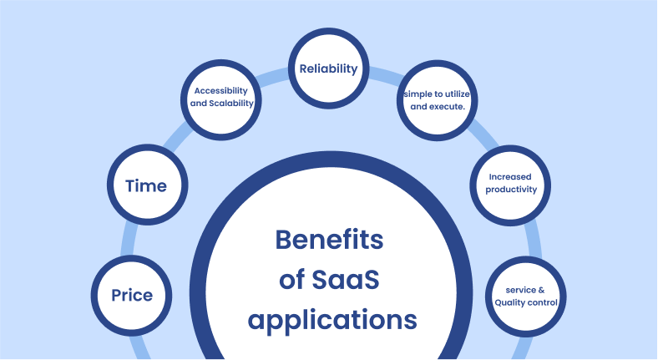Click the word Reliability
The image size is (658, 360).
tap(328, 68)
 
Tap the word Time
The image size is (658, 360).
tap(146, 186)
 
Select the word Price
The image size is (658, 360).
tap(132, 296)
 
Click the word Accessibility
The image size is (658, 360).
tap(220, 91)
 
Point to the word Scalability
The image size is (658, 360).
tap(231, 104)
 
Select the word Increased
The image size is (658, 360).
tap(510, 177)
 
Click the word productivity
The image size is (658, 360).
tap(511, 190)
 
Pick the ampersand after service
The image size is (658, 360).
tap(541, 291)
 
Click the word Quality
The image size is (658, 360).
tap(508, 303)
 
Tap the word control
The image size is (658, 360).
tap(540, 302)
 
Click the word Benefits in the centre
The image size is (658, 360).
tap(330, 240)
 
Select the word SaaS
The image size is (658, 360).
tap(346, 280)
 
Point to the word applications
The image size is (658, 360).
tap(332, 321)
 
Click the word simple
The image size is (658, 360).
tap(418, 94)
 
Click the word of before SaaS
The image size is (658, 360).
tap(292, 280)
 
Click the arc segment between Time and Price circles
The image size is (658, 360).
tap(128, 240)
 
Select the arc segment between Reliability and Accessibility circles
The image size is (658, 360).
tap(272, 76)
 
